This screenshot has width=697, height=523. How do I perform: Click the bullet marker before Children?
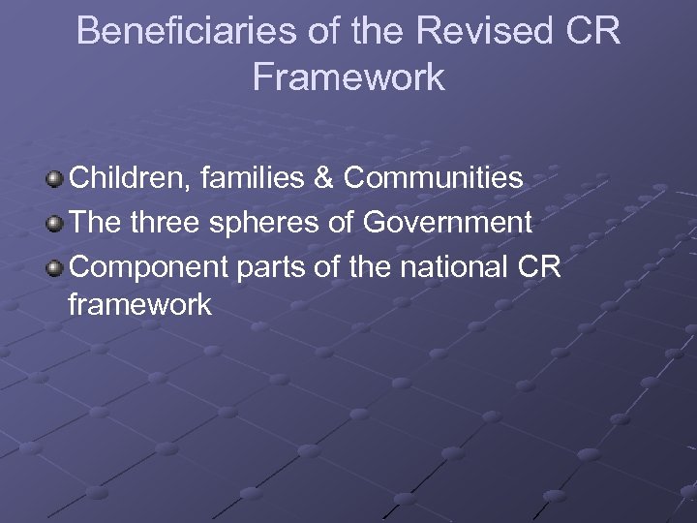(55, 180)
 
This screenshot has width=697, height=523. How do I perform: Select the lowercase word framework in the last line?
(140, 306)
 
